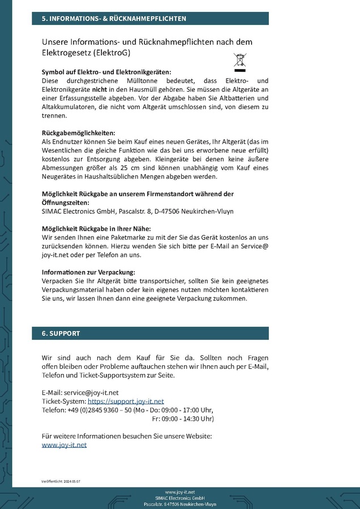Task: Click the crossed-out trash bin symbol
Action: point(241,63)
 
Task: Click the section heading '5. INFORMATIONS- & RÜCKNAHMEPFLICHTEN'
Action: point(114,19)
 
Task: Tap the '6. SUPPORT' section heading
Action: point(61,334)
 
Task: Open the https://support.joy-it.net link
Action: point(126,401)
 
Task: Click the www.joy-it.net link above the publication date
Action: point(65,445)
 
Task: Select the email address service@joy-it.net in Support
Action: point(91,392)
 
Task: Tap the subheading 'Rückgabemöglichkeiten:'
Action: point(79,133)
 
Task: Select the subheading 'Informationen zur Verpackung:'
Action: point(88,272)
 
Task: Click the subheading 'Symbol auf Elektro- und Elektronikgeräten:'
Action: point(106,72)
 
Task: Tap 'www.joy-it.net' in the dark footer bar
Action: point(179,492)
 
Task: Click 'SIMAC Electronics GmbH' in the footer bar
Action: point(179,498)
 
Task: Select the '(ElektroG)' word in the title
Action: point(112,53)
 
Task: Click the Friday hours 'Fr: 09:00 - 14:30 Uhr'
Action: point(183,419)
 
